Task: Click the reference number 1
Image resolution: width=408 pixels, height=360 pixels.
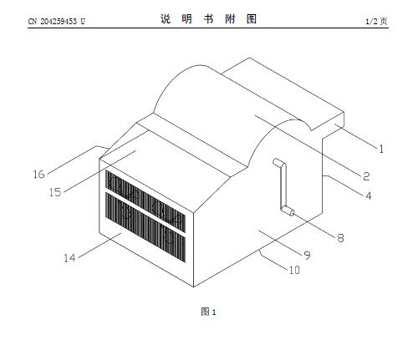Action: pos(381,149)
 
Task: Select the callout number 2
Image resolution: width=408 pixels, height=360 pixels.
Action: pos(366,176)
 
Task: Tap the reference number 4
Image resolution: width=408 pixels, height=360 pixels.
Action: pos(369,195)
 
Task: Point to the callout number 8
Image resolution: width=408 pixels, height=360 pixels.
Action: pos(340,238)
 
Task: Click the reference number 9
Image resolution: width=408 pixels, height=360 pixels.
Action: pos(307,255)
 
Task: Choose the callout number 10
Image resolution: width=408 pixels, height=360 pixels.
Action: pos(294,270)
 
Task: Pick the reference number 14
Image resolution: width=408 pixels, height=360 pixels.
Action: pos(69,258)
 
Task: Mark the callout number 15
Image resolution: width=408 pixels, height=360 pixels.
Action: pos(55,192)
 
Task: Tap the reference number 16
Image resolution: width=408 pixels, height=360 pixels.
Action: pos(38,175)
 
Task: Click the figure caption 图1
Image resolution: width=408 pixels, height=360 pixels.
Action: pos(208,312)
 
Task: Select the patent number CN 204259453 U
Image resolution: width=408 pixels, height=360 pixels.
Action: pos(57,21)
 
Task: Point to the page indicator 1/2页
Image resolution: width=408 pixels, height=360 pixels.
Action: pos(376,21)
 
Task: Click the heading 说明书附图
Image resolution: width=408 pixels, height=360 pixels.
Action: pos(208,19)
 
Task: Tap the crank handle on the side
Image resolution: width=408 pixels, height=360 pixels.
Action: pos(283,186)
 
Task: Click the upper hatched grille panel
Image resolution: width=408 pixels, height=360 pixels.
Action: pos(145,201)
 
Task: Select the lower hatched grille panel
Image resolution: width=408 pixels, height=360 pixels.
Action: pos(145,227)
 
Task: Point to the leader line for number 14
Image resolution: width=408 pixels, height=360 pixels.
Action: pos(99,246)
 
